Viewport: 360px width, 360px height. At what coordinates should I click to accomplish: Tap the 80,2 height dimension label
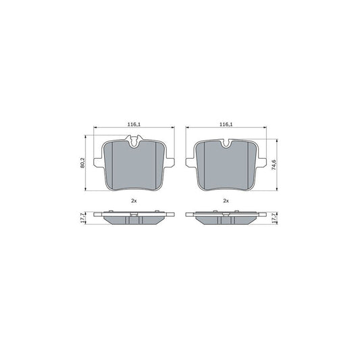tap(82, 163)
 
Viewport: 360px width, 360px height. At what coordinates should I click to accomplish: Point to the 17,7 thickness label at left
tap(82, 217)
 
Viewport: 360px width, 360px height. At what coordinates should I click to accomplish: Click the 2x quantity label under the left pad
tap(133, 202)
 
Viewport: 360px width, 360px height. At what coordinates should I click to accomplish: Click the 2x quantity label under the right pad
tap(226, 202)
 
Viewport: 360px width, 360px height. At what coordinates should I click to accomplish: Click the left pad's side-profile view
tap(133, 218)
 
